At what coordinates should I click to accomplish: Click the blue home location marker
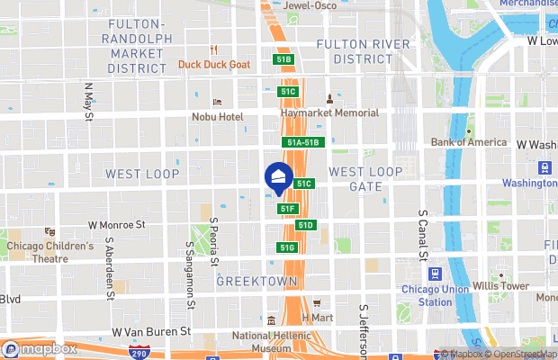click(279, 176)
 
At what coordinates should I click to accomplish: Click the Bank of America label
click(469, 141)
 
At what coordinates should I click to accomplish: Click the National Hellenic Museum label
click(271, 342)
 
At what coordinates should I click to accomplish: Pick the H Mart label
click(317, 318)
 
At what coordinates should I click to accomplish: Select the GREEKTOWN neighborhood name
click(256, 282)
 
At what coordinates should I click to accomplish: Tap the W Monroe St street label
click(117, 225)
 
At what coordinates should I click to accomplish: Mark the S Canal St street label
click(422, 237)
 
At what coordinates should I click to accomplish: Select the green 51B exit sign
click(284, 59)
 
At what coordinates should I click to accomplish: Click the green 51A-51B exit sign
click(304, 142)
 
